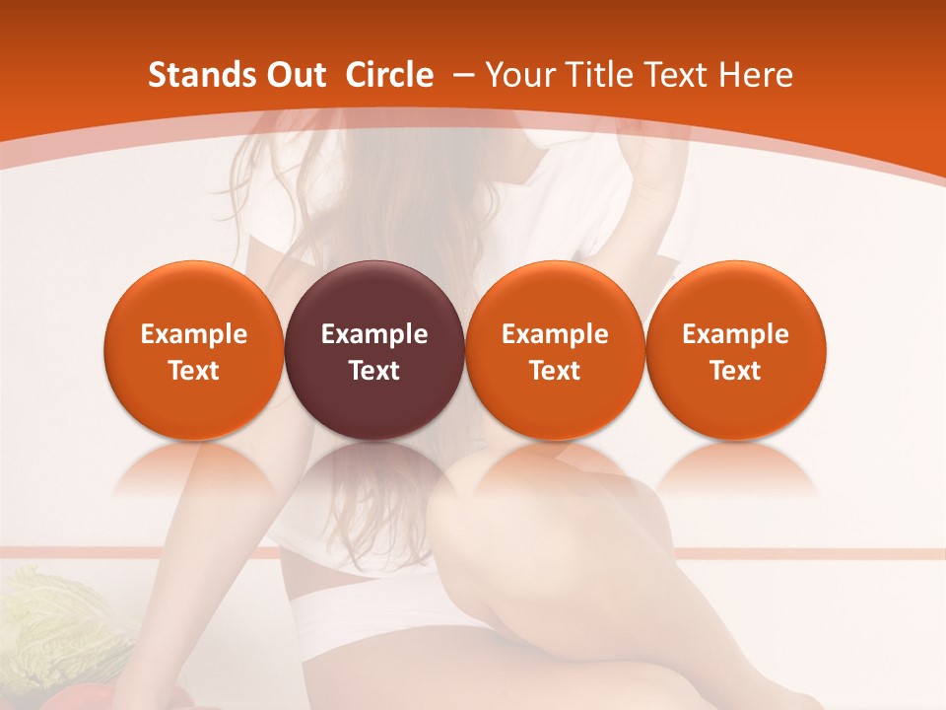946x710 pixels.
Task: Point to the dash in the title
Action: tap(460, 76)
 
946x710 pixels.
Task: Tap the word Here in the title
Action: tap(756, 75)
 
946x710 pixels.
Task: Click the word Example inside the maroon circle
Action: tap(374, 334)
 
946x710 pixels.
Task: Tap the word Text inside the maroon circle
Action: tap(374, 371)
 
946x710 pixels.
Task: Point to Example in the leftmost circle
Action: tap(194, 334)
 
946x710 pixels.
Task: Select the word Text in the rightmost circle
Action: tap(736, 371)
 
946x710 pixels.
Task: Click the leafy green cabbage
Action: tap(59, 621)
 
